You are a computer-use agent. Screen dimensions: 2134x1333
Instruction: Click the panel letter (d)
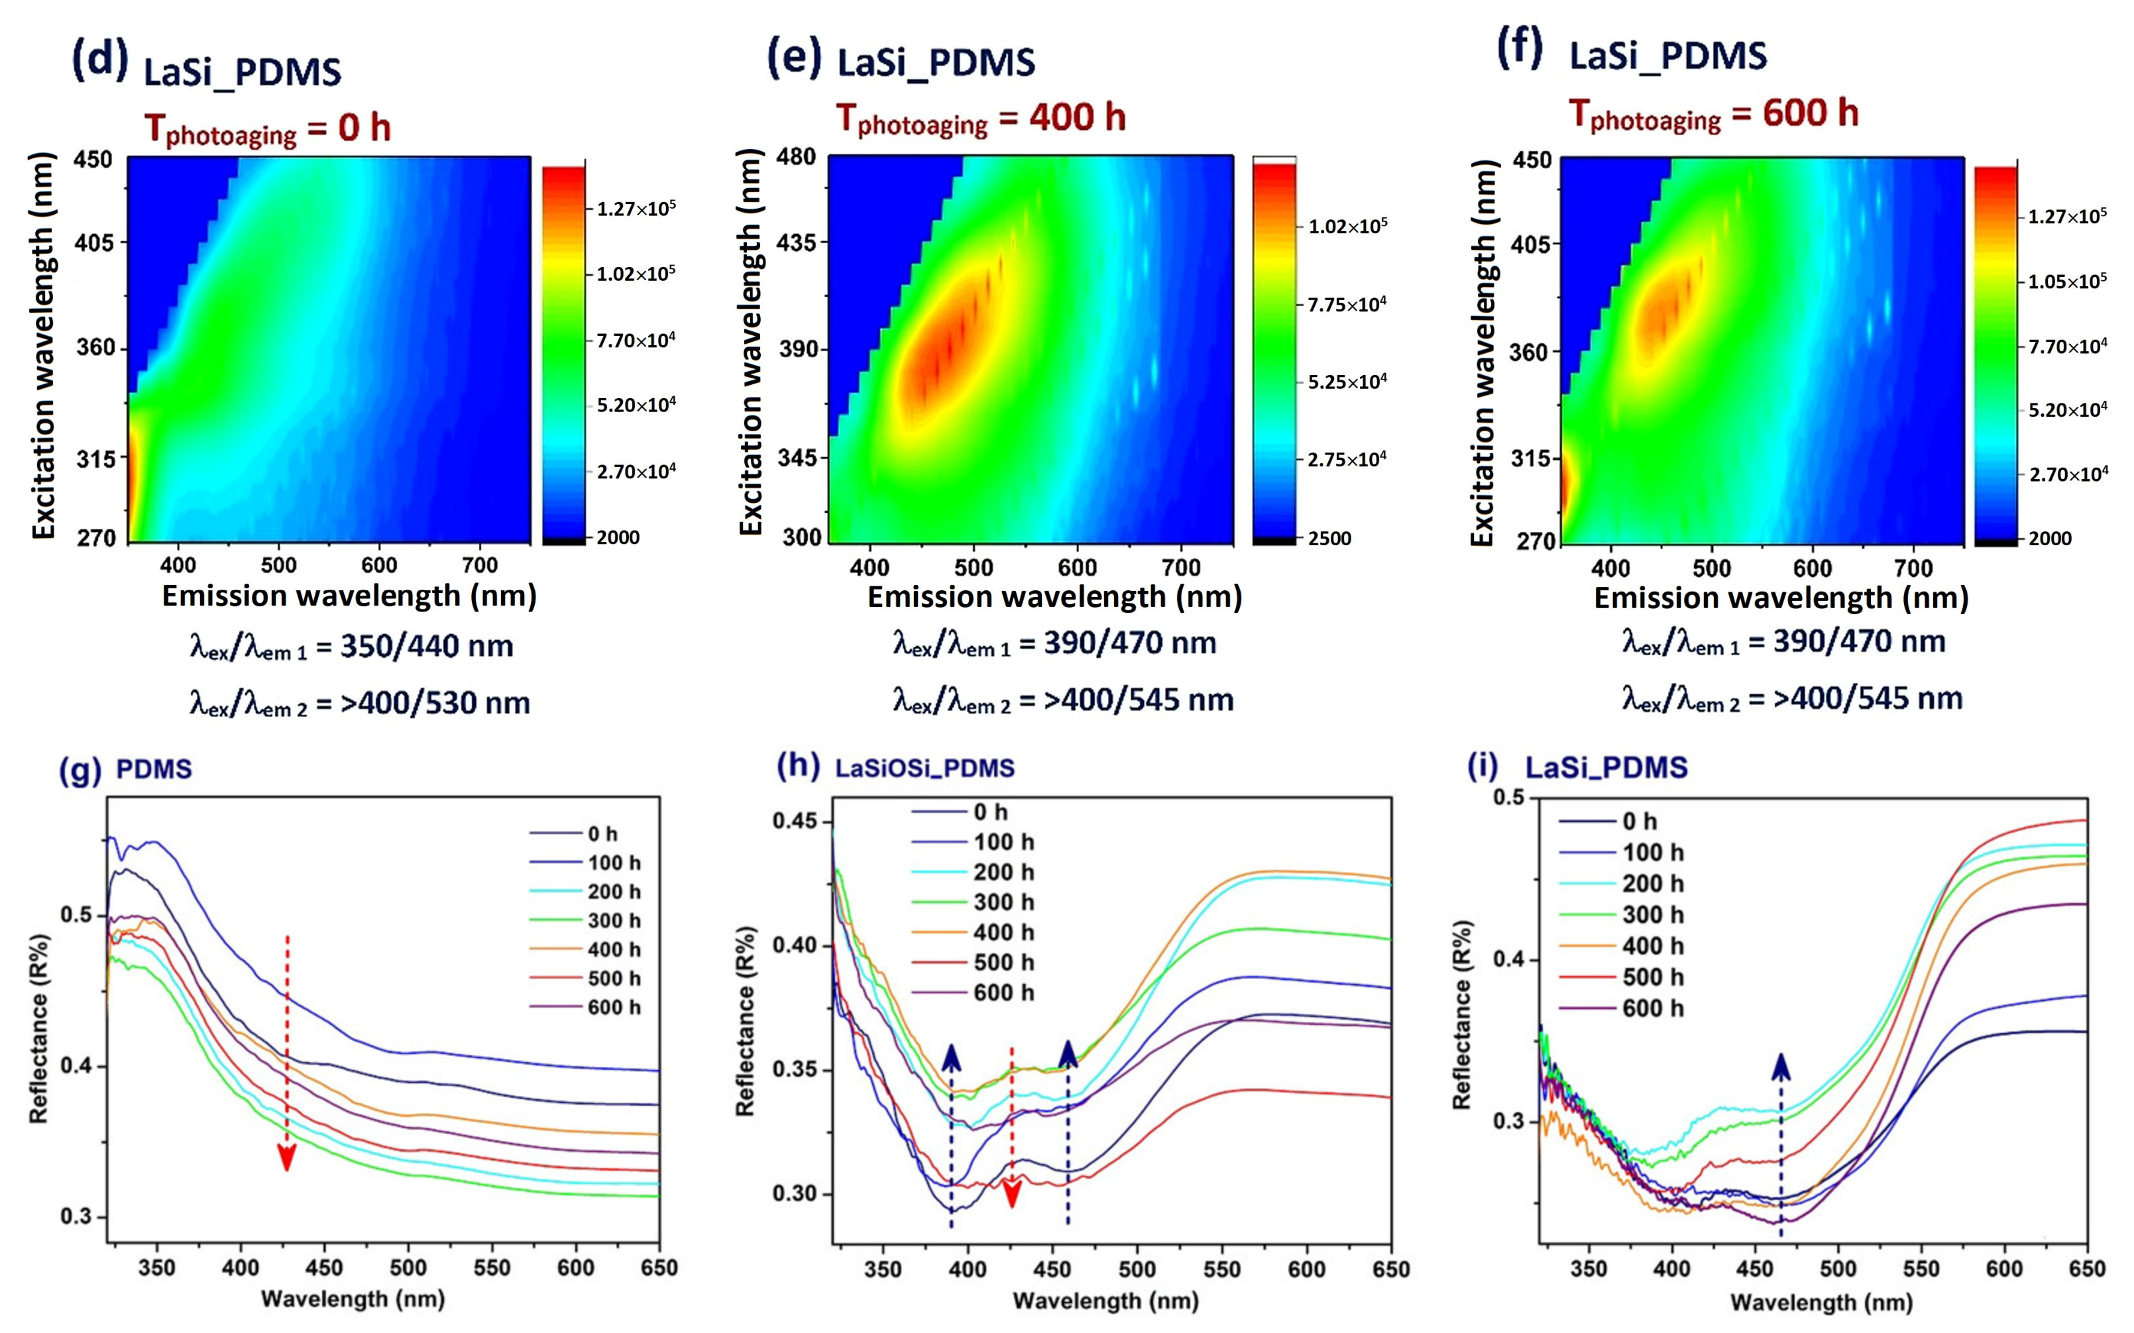[99, 62]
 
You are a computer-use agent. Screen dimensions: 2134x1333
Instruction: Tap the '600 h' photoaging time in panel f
[1811, 113]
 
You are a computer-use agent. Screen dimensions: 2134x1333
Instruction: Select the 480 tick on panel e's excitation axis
[797, 157]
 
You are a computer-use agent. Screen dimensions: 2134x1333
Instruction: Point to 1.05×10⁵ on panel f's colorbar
[2067, 281]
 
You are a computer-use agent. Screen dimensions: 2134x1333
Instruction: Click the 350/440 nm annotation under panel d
[427, 646]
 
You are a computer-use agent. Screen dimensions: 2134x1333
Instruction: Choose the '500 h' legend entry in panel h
[1003, 962]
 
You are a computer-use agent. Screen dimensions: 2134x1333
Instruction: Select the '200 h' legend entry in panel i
[1653, 883]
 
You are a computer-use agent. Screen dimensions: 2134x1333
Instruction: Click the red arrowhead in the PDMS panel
[286, 1157]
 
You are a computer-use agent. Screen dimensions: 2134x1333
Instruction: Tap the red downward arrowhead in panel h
[1013, 1194]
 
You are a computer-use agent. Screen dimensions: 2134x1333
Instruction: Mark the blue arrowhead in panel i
[1781, 1067]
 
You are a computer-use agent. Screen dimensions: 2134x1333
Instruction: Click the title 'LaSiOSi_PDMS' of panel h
[925, 768]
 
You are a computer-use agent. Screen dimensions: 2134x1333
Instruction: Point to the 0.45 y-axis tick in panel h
[795, 822]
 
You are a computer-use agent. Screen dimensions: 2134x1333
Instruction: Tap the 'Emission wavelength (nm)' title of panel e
[1054, 597]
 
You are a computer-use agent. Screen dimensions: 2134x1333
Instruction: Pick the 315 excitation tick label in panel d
[95, 458]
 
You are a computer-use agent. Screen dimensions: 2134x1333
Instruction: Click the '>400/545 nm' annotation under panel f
[1868, 698]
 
